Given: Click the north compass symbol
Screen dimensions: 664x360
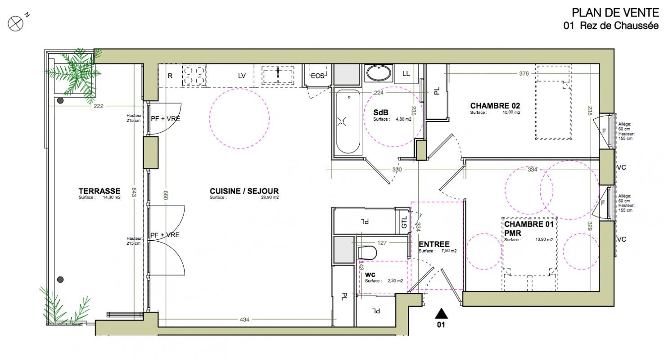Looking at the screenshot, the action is click(x=15, y=23).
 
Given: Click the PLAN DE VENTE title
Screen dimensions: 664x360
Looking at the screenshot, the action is click(x=615, y=13).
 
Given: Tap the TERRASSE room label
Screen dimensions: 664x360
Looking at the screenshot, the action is click(x=99, y=191).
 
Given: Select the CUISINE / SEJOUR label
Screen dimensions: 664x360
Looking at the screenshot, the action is click(x=244, y=191).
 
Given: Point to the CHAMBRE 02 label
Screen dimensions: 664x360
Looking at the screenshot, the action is click(x=495, y=106).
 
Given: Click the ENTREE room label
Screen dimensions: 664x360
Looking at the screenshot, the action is click(x=434, y=244).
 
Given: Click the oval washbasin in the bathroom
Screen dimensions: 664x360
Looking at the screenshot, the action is click(x=379, y=73).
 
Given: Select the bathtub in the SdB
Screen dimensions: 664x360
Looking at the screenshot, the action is click(x=348, y=122).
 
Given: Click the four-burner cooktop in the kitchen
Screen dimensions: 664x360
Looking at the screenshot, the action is click(x=194, y=76).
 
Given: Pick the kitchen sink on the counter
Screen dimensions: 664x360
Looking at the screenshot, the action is click(x=278, y=76).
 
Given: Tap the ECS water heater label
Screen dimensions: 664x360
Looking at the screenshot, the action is click(x=317, y=76).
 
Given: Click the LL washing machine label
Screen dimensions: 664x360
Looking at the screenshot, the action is click(x=406, y=73).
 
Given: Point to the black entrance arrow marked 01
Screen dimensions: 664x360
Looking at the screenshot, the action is click(x=441, y=313).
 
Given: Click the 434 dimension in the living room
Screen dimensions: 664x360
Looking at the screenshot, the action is click(x=244, y=319).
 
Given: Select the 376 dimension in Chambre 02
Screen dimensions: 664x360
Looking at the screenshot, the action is click(x=524, y=73).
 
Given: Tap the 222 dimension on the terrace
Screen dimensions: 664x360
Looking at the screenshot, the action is click(x=99, y=106).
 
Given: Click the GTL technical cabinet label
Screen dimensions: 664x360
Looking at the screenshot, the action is click(x=404, y=222).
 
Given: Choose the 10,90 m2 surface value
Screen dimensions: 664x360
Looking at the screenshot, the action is click(x=544, y=240).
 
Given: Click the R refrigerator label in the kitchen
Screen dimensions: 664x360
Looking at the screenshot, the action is click(x=170, y=76).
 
